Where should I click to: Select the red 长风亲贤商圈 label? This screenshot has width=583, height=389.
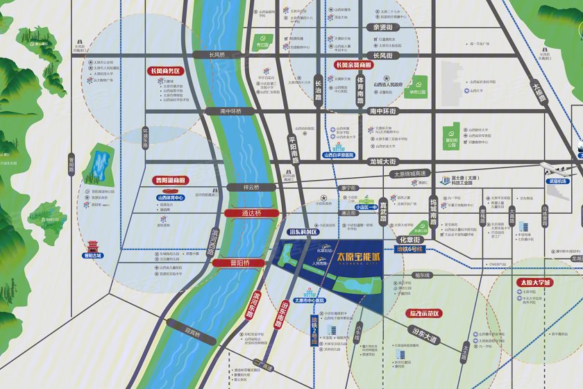[353, 65]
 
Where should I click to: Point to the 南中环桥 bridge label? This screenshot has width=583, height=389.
[231, 110]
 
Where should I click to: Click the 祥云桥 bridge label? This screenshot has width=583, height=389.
[246, 188]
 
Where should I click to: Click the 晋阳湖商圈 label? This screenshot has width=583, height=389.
[170, 181]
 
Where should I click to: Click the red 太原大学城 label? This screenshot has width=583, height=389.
[534, 283]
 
